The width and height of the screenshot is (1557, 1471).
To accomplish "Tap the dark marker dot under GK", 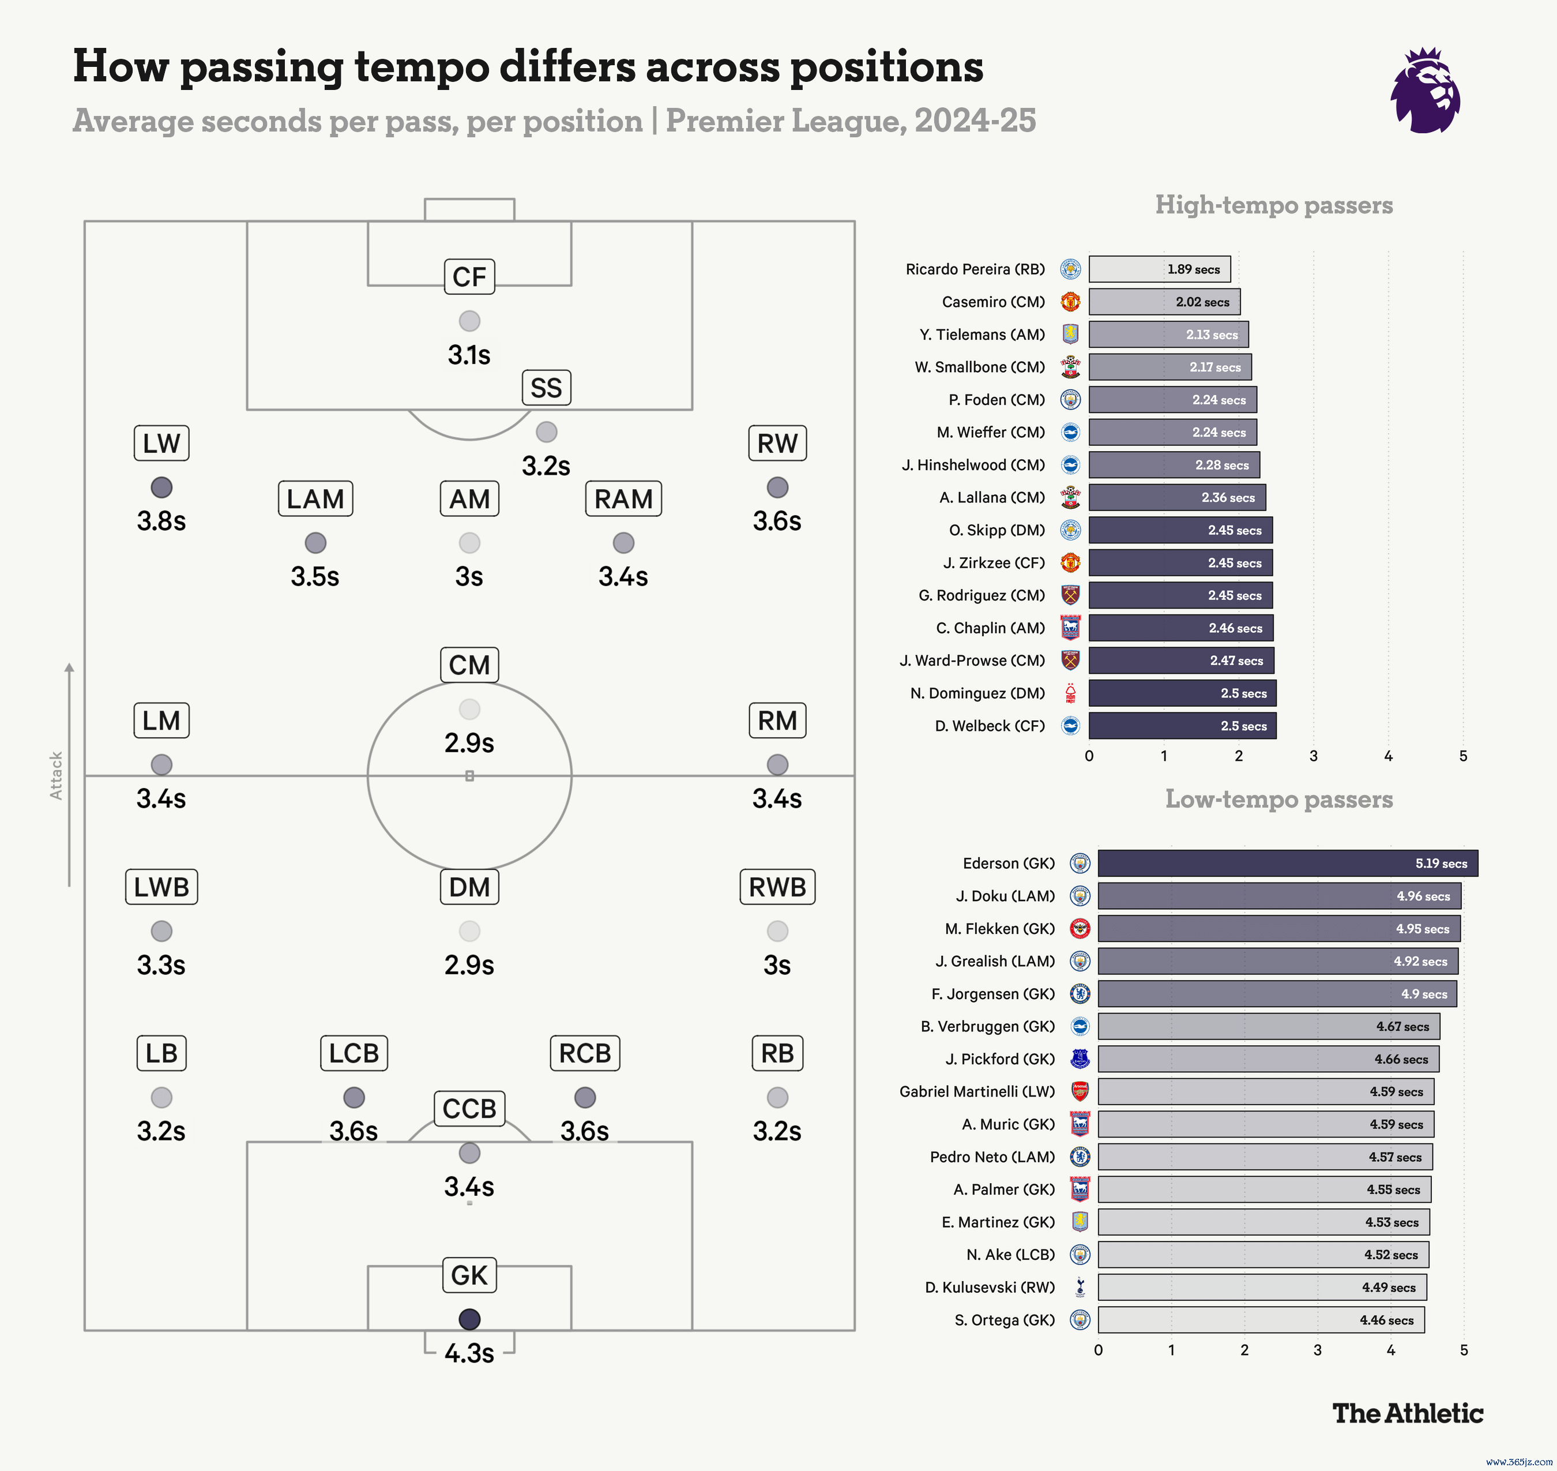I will (469, 1320).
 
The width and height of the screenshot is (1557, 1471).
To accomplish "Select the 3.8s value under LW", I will (161, 521).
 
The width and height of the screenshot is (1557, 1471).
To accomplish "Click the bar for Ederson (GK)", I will (1287, 864).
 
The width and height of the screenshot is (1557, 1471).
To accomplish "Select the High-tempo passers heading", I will (1273, 205).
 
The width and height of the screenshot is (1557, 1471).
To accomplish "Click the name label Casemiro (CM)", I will (994, 302).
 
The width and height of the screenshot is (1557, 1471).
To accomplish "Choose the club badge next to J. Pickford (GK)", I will (1080, 1059).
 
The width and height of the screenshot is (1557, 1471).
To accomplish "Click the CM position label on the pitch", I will (469, 665).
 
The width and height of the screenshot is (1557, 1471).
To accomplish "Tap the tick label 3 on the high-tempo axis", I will (1313, 756).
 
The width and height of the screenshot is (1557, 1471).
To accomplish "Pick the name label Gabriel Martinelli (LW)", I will (977, 1091).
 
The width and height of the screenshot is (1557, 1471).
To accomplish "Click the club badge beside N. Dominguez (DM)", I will (1070, 693).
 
